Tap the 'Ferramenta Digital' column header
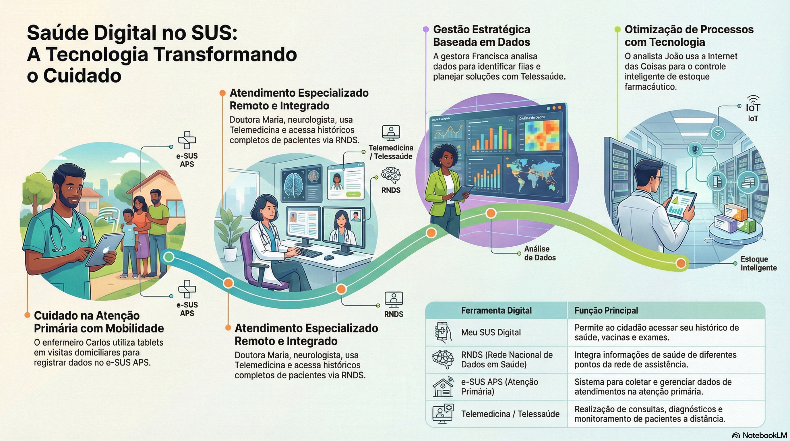point(496,310)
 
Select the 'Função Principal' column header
point(606,310)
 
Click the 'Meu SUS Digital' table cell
point(491,332)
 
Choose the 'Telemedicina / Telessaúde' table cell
point(510,414)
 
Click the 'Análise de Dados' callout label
point(540,253)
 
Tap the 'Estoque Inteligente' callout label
point(758,263)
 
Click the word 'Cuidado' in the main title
point(82,76)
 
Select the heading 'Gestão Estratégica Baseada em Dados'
point(481,36)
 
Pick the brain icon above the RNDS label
point(391,175)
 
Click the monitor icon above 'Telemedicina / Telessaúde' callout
point(391,133)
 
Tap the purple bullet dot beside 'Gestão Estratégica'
point(426,29)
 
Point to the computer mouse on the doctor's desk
point(329,258)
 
